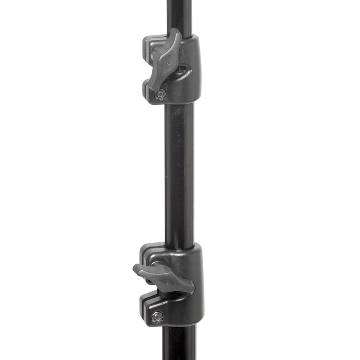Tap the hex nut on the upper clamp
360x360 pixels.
[160, 94]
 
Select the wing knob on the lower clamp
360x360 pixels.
[164, 277]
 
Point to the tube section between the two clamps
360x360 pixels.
[179, 173]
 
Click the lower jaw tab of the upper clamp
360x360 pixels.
[148, 90]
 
